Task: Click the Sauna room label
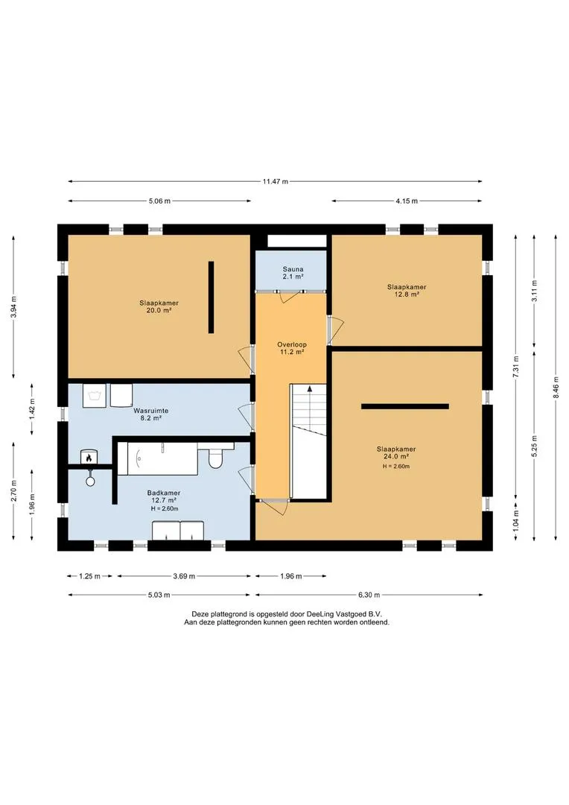[x=293, y=269]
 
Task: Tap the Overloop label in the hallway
[x=292, y=344]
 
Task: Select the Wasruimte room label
[x=151, y=411]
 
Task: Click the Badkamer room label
[x=164, y=493]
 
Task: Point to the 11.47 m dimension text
[x=276, y=181]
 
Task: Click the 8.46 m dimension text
[x=556, y=387]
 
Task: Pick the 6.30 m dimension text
[x=369, y=595]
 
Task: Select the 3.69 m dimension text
[x=184, y=576]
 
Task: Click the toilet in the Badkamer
[x=215, y=456]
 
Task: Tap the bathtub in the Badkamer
[x=158, y=458]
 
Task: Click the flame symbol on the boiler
[x=89, y=456]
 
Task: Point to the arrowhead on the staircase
[x=309, y=389]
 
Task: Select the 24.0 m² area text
[x=396, y=456]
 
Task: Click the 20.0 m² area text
[x=159, y=310]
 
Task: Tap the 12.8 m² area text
[x=407, y=294]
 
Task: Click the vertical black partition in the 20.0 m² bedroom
[x=211, y=297]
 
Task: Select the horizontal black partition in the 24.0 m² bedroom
[x=405, y=407]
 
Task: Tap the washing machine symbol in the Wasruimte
[x=95, y=395]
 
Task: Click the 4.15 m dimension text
[x=407, y=201]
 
